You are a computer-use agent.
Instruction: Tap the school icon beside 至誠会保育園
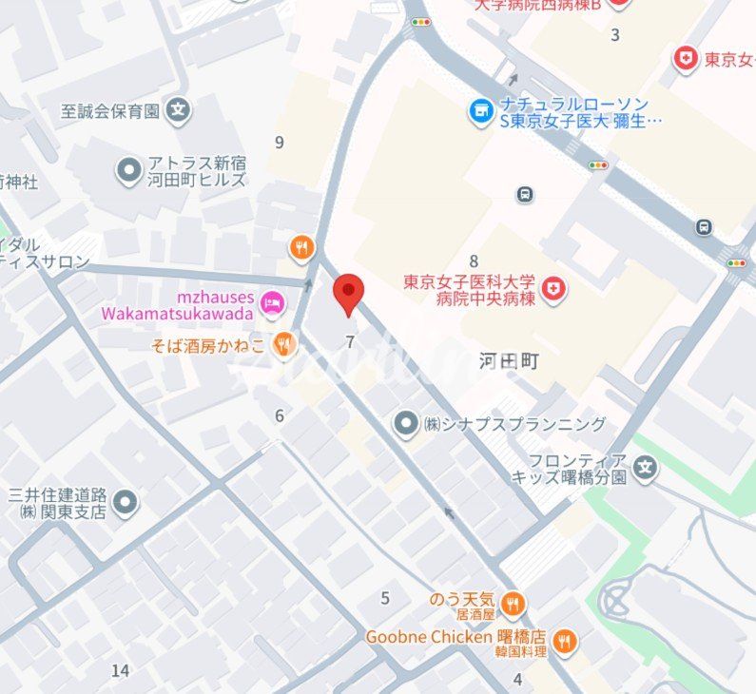(x=177, y=110)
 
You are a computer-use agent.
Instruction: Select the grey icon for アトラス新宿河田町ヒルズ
(x=128, y=171)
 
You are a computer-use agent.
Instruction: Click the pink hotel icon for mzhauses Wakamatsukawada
(x=272, y=303)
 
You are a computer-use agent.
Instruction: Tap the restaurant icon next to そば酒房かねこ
(x=283, y=345)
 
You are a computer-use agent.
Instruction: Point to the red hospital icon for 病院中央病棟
(x=552, y=289)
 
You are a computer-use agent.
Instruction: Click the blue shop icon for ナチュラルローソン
(x=481, y=111)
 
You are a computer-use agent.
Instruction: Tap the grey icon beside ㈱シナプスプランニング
(x=407, y=423)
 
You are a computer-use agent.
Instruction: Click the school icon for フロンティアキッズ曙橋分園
(x=646, y=468)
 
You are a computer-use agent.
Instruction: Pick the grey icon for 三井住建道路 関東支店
(x=125, y=502)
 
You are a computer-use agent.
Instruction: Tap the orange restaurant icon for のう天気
(x=513, y=603)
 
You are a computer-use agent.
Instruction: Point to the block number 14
(x=120, y=671)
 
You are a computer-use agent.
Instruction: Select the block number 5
(x=385, y=598)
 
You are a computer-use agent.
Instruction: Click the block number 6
(x=280, y=415)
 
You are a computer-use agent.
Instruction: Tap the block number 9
(x=279, y=143)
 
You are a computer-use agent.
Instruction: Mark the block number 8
(x=473, y=260)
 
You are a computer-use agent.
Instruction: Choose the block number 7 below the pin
(x=350, y=342)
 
